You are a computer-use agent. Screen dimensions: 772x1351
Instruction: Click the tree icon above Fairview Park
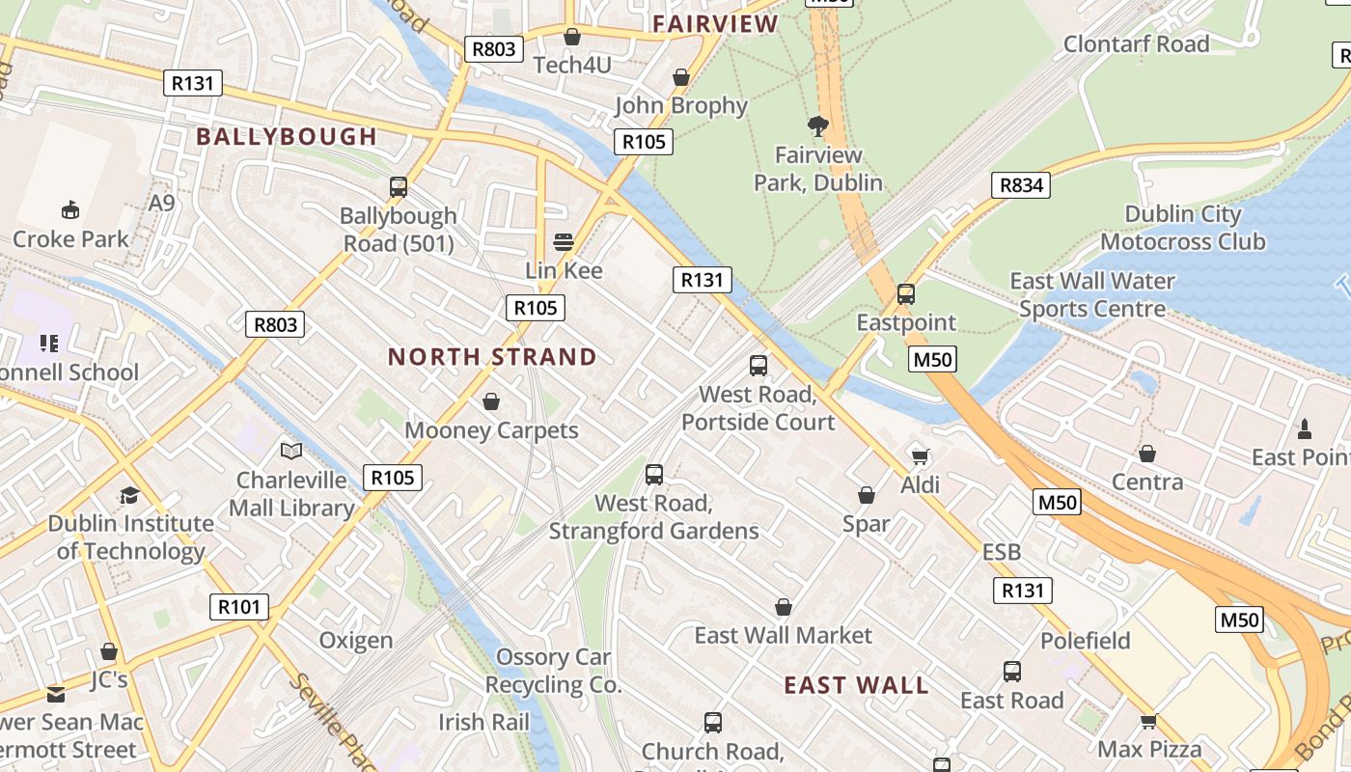(x=818, y=125)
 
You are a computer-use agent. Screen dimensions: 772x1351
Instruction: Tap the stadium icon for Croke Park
(x=70, y=209)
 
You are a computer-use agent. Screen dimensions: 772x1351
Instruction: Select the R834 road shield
(x=1021, y=185)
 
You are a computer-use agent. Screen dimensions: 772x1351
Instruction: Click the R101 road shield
(x=239, y=607)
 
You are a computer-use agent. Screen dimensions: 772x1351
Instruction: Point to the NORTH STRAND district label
(x=492, y=357)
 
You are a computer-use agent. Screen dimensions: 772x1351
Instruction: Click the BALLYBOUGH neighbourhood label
(x=287, y=137)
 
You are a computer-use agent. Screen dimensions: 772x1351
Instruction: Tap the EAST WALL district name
(x=856, y=686)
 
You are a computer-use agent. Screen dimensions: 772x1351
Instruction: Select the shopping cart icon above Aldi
(x=920, y=455)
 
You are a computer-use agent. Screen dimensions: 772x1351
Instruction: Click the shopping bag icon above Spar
(x=867, y=495)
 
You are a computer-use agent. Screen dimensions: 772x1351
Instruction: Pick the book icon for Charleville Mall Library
(x=291, y=451)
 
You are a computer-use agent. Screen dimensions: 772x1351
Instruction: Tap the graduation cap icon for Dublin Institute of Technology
(x=129, y=495)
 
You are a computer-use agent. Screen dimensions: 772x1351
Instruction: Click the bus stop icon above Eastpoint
(x=906, y=294)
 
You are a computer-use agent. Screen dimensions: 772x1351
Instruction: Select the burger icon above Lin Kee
(x=564, y=241)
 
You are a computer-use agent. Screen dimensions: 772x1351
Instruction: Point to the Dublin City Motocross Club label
(x=1183, y=228)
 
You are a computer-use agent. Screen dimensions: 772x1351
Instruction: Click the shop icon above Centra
(x=1147, y=454)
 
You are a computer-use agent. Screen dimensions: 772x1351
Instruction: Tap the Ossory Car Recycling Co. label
(x=553, y=672)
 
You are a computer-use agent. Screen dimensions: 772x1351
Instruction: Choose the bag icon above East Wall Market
(x=784, y=607)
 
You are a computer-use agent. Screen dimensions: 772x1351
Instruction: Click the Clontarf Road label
(x=1136, y=44)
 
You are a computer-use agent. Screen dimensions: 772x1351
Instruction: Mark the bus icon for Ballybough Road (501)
(x=399, y=187)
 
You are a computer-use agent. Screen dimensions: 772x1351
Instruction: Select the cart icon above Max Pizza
(x=1148, y=721)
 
